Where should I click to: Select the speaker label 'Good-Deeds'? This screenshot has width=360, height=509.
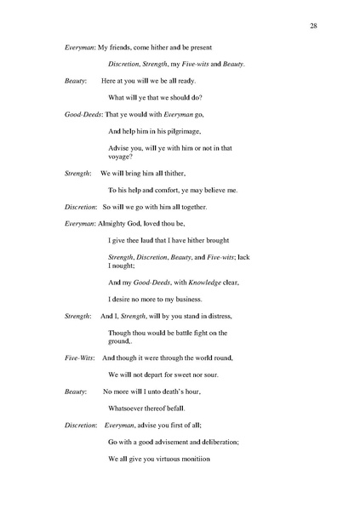(x=83, y=113)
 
